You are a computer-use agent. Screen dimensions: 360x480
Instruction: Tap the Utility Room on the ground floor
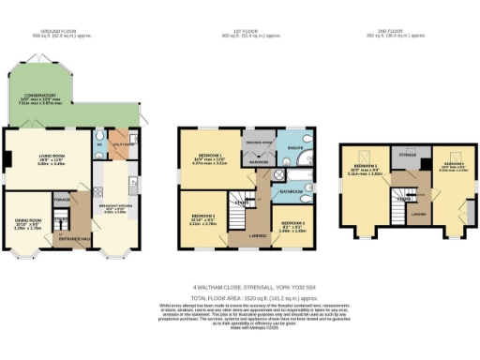[x=120, y=144]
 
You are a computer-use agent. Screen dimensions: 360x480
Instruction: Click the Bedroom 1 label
[x=207, y=158]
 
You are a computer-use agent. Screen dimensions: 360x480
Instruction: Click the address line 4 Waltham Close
[x=240, y=287]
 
